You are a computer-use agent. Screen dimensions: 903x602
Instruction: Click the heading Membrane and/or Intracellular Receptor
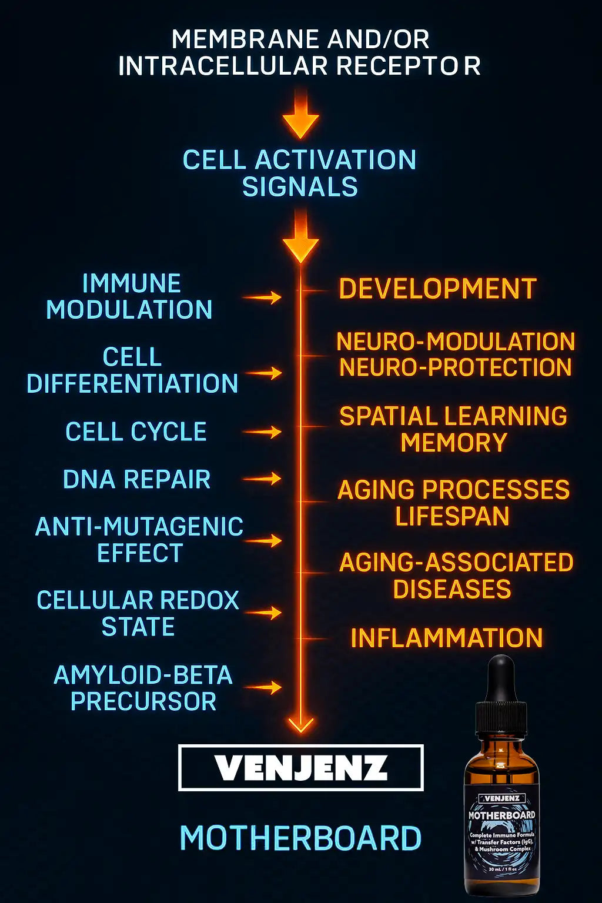(x=300, y=53)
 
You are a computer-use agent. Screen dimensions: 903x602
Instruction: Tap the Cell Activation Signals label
(x=300, y=173)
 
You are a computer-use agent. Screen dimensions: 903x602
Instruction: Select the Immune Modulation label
(x=130, y=297)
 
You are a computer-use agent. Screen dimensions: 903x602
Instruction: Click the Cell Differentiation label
(x=132, y=370)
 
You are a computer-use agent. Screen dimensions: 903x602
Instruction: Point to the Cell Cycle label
(x=136, y=432)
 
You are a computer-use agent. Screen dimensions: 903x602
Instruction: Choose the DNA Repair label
(x=136, y=480)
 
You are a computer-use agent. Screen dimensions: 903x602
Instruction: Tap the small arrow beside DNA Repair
(x=263, y=479)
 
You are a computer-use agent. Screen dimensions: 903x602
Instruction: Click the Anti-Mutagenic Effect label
(x=139, y=540)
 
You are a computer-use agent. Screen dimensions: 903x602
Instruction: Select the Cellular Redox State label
(x=138, y=613)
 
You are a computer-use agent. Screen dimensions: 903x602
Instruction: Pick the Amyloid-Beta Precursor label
(x=143, y=688)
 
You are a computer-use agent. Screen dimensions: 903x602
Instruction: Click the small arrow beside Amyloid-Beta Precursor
(x=263, y=687)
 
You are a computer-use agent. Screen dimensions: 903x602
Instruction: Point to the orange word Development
(x=437, y=289)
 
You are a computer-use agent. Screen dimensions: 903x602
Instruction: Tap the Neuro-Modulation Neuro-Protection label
(x=455, y=354)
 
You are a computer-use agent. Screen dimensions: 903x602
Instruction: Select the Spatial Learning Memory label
(x=453, y=429)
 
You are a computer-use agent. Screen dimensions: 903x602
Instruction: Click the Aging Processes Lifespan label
(x=453, y=503)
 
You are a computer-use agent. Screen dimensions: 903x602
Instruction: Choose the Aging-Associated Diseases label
(x=456, y=576)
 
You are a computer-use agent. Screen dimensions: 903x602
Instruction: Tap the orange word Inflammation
(x=447, y=638)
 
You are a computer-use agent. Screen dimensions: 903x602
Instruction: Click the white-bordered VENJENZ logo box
(x=300, y=768)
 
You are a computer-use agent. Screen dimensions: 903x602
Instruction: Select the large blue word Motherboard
(x=300, y=838)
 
